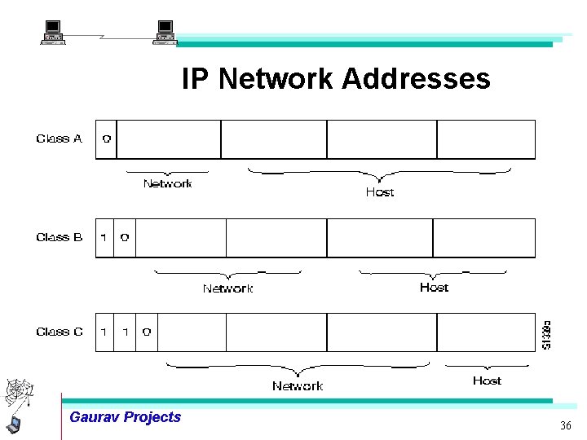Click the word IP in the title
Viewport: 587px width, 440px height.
[x=196, y=79]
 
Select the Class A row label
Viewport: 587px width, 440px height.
[x=59, y=139]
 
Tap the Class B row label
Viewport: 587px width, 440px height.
[x=59, y=237]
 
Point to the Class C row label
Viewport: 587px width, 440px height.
[x=59, y=332]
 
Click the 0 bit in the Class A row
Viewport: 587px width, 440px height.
[x=106, y=139]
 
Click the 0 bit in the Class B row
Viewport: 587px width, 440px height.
[x=125, y=238]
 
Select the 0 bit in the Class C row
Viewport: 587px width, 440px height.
[x=146, y=332]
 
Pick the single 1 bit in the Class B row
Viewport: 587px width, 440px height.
[x=104, y=238]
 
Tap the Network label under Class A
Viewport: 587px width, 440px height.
[x=167, y=184]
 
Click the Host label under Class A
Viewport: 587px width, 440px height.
[x=379, y=192]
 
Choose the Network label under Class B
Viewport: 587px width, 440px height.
[x=227, y=288]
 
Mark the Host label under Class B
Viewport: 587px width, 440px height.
[x=434, y=287]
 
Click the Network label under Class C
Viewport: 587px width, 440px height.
[x=298, y=386]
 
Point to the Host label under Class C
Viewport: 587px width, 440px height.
[x=487, y=381]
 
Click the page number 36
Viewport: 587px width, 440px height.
[x=566, y=426]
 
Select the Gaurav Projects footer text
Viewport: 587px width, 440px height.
[x=125, y=417]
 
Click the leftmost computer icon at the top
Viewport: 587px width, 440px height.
[x=53, y=33]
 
